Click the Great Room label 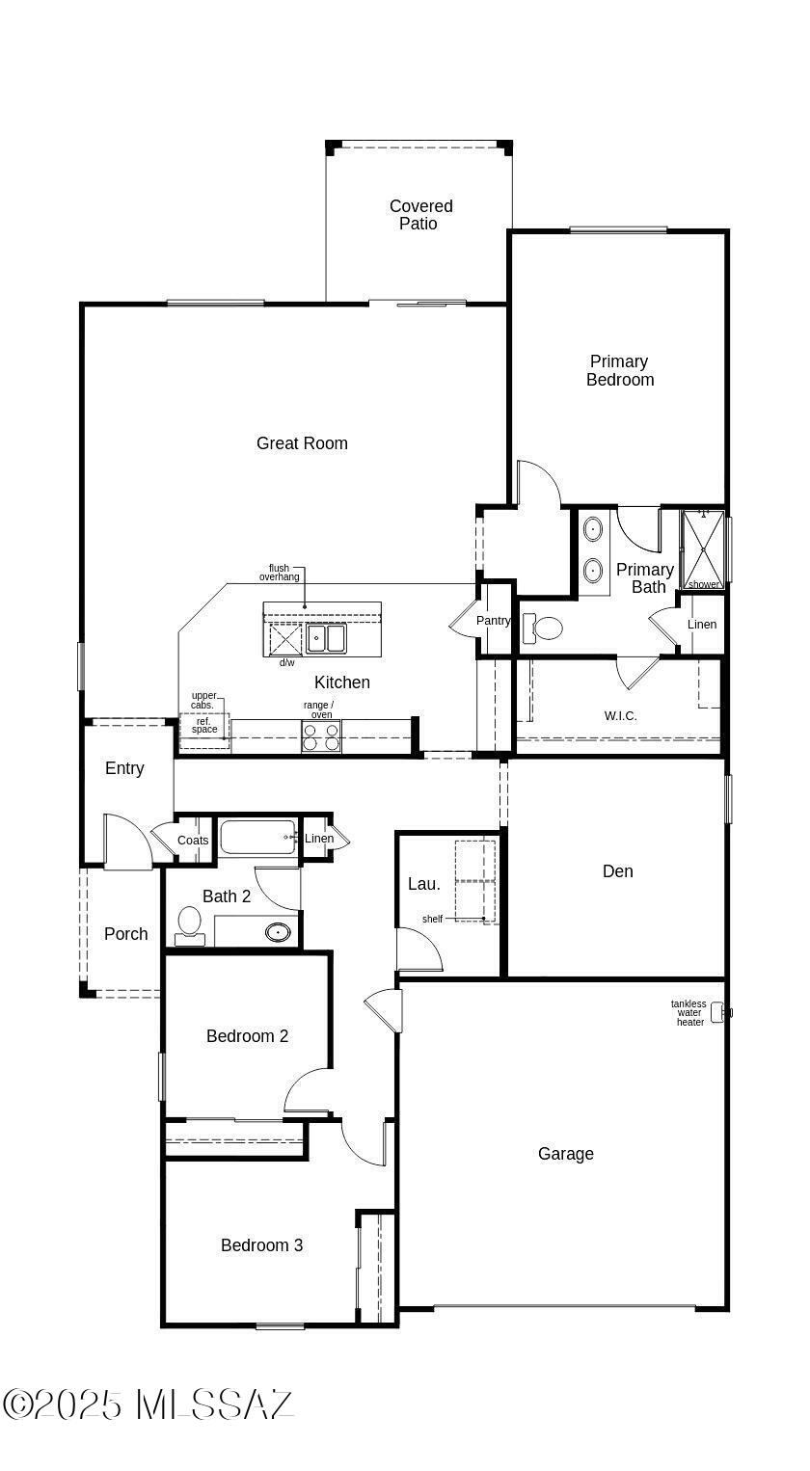pos(302,443)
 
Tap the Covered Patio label pos(420,215)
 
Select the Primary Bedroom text pos(619,370)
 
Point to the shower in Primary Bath pos(703,549)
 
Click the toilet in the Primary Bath pos(543,629)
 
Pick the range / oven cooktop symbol pos(321,736)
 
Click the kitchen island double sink pos(327,638)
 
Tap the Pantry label pos(494,621)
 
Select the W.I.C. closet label pos(620,716)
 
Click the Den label pos(617,870)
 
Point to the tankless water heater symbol pos(720,1013)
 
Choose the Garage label pos(566,1154)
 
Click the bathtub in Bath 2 pos(256,838)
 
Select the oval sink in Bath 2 pos(278,931)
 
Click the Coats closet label pos(193,840)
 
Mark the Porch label pos(125,934)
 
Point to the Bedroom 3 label pos(261,1245)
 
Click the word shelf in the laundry pos(432,919)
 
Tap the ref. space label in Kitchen pos(204,725)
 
